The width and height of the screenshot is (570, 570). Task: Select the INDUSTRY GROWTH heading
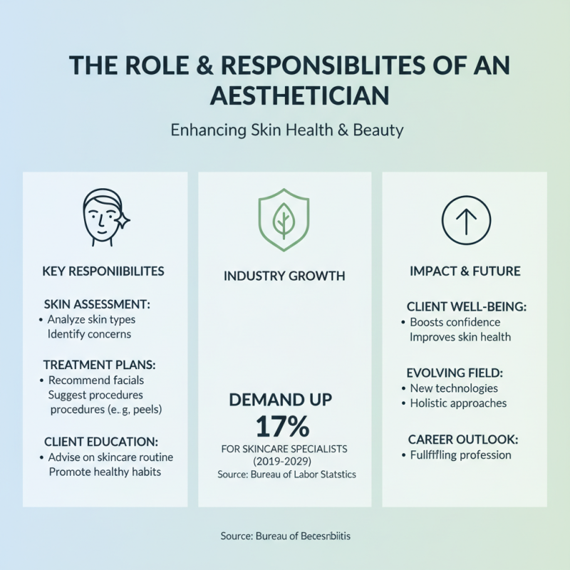(x=284, y=275)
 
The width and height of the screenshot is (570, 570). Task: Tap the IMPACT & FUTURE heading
(x=465, y=271)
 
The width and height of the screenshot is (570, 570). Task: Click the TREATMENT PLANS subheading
(x=99, y=364)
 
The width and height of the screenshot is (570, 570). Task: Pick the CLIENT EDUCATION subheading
(x=100, y=442)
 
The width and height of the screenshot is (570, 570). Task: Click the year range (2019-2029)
(x=284, y=462)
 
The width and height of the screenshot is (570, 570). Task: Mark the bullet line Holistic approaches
(x=458, y=403)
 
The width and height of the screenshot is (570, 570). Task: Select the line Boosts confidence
(x=457, y=322)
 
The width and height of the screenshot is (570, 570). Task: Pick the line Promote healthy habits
(x=104, y=472)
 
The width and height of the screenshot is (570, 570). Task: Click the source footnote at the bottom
(x=284, y=536)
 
